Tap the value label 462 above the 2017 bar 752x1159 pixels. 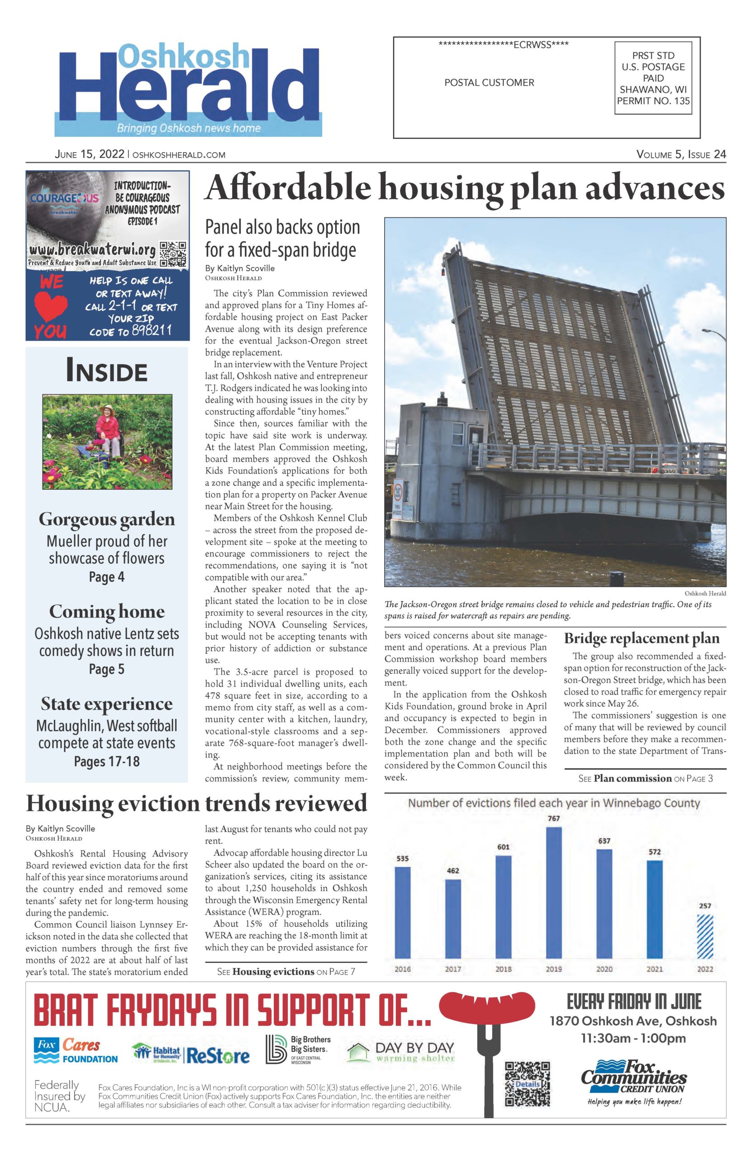(x=452, y=871)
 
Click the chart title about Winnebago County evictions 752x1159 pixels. (x=553, y=803)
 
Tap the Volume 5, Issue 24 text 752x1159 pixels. (x=681, y=155)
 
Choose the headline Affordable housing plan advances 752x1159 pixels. (x=464, y=189)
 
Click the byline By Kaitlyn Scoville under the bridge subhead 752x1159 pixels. (x=239, y=268)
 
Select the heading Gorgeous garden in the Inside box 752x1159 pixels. (x=107, y=519)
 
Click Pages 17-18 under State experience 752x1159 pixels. (x=107, y=761)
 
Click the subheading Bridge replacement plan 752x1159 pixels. (x=641, y=638)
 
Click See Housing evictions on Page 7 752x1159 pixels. (x=286, y=972)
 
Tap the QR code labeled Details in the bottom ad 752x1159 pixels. (x=527, y=1084)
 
